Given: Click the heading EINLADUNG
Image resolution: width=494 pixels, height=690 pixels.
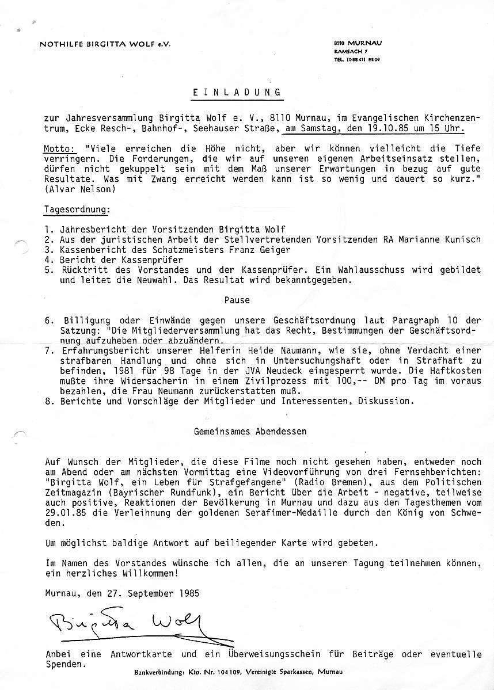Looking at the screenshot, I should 237,92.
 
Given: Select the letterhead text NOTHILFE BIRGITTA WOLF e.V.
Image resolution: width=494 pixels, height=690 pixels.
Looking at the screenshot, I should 105,44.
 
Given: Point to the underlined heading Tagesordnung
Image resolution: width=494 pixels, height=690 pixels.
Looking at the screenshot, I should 77,209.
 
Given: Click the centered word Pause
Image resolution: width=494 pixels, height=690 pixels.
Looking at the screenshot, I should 237,300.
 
